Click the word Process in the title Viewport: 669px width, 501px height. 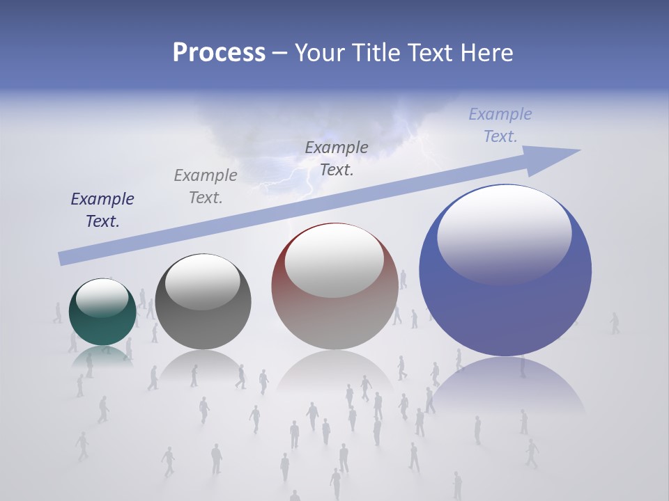[x=219, y=53]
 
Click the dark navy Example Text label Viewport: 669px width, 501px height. [x=102, y=210]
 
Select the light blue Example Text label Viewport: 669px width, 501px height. [x=500, y=125]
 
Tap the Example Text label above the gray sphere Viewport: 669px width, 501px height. [x=206, y=186]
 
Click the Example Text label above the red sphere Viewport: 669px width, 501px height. [x=337, y=158]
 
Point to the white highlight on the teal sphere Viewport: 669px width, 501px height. [x=102, y=298]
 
